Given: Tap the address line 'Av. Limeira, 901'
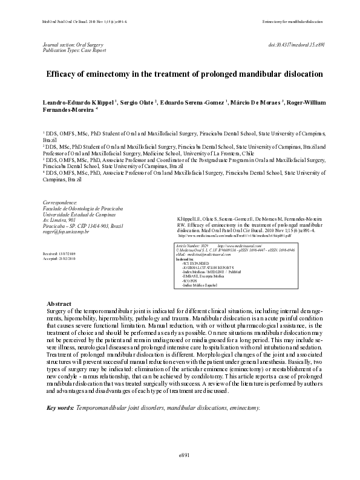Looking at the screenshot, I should point(59,220).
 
